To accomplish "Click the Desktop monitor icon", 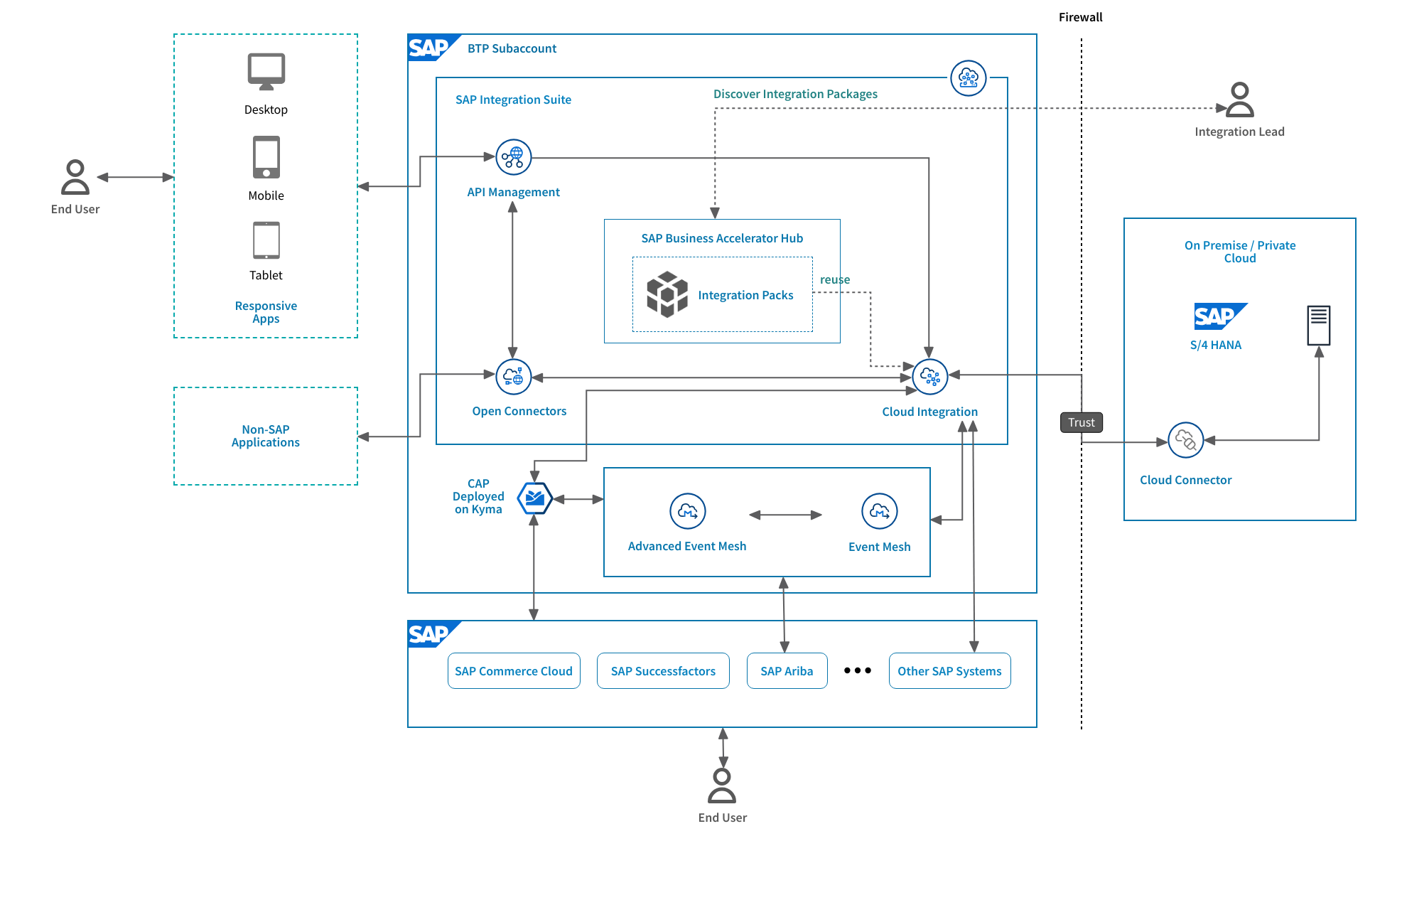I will [266, 71].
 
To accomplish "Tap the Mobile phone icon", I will [266, 158].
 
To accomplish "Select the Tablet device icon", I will [266, 240].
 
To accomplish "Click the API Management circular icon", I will [513, 157].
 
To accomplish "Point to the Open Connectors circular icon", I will [513, 377].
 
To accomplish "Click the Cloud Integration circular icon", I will [929, 376].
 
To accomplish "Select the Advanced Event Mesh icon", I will [687, 511].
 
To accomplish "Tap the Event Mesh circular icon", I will [879, 511].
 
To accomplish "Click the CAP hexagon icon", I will [534, 498].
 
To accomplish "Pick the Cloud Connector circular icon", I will [1185, 440].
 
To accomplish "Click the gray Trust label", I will [1081, 422].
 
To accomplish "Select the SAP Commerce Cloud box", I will [514, 671].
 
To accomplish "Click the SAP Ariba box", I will [787, 671].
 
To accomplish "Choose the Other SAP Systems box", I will [949, 671].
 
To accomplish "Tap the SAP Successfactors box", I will [663, 671].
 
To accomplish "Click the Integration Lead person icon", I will [1239, 100].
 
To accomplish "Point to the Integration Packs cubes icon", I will [667, 294].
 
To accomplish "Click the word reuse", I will [834, 279].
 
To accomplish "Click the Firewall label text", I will [1080, 17].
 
